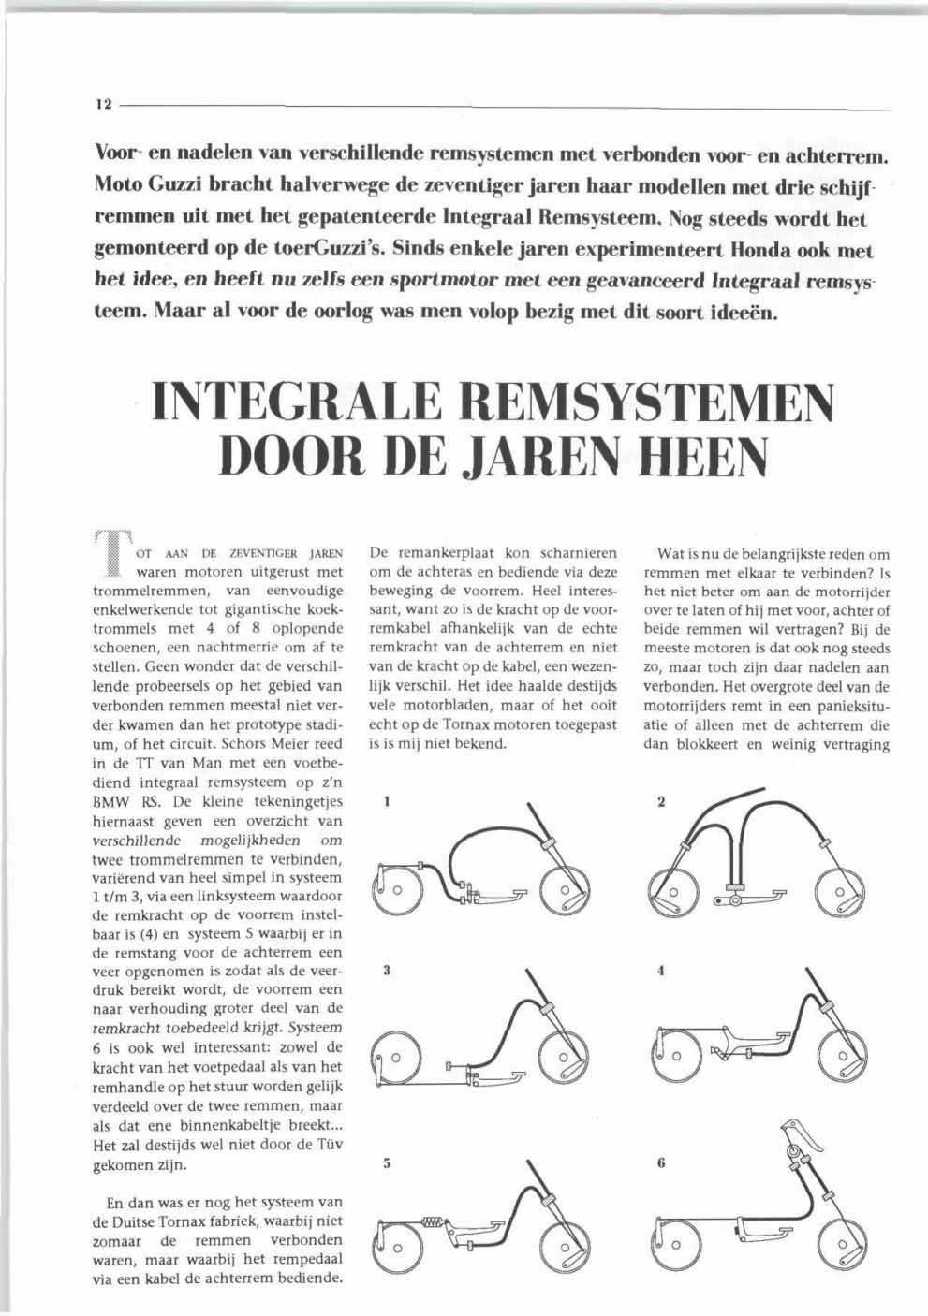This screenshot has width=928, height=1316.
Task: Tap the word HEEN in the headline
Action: click(700, 457)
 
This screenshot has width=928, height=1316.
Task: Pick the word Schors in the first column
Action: click(249, 743)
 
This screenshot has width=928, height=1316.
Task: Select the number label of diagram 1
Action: click(387, 800)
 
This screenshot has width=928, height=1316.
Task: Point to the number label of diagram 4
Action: click(661, 971)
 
